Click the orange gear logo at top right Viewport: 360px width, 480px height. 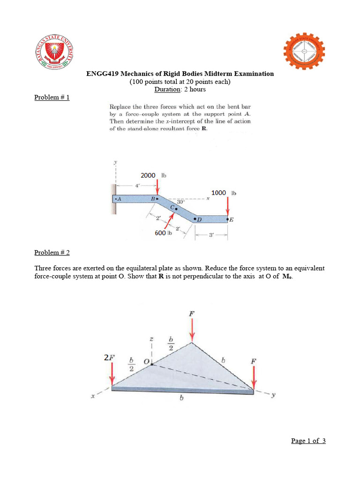point(306,52)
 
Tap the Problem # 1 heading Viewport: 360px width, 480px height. point(52,97)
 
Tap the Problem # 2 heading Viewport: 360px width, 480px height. point(52,252)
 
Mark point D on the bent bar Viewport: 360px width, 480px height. point(198,219)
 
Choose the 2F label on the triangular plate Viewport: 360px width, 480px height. point(109,358)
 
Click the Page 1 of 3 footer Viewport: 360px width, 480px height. point(308,441)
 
